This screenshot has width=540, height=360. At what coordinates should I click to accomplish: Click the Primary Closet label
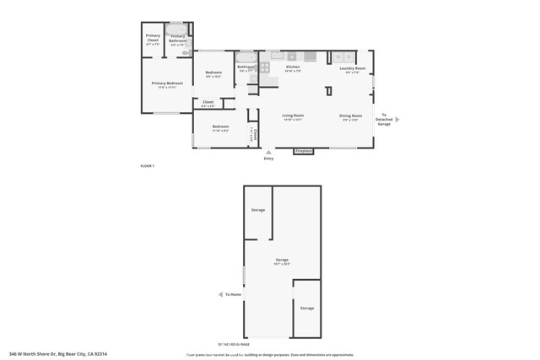(x=153, y=38)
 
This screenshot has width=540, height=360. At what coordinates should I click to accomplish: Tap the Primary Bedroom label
(x=167, y=83)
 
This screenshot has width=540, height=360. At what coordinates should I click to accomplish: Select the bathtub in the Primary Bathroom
(x=178, y=28)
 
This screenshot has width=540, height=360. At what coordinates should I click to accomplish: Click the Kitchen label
(x=293, y=67)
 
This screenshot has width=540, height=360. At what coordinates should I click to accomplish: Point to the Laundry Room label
(x=352, y=68)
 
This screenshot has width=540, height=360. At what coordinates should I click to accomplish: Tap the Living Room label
(x=293, y=116)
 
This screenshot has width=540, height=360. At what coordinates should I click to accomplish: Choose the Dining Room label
(x=351, y=116)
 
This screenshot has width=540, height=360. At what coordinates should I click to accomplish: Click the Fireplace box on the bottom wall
(x=304, y=151)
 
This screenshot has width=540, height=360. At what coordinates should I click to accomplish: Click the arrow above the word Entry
(x=268, y=152)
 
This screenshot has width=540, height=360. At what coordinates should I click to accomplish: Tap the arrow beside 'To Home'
(x=221, y=294)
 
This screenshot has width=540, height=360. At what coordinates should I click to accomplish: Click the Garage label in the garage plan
(x=282, y=260)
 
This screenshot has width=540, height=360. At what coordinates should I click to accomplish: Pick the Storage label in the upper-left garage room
(x=258, y=210)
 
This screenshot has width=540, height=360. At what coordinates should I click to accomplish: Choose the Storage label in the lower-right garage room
(x=306, y=308)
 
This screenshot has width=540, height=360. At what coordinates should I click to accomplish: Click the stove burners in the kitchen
(x=264, y=67)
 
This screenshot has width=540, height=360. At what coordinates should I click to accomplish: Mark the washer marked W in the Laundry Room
(x=337, y=56)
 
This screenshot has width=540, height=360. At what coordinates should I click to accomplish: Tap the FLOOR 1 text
(x=148, y=167)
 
